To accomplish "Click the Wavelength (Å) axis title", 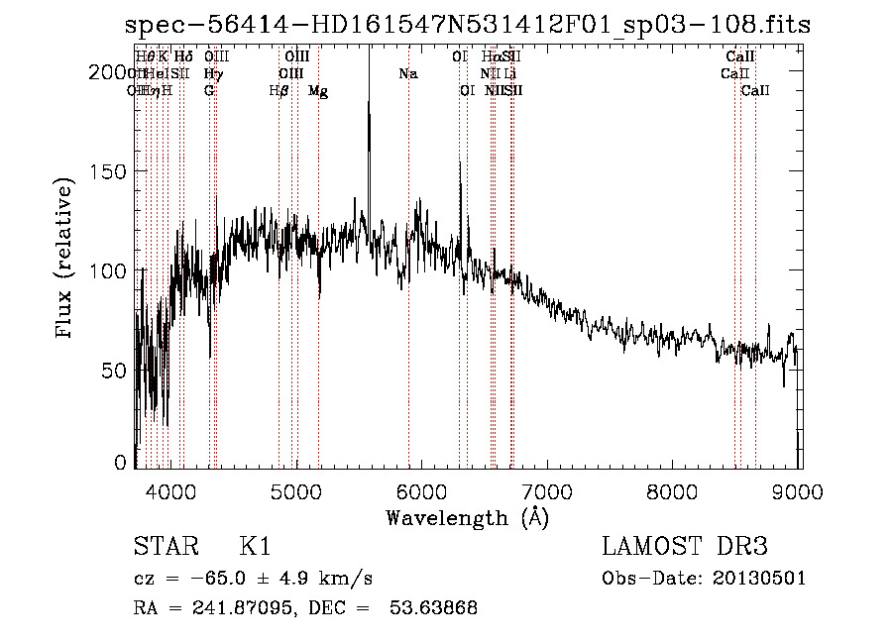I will tap(468, 517).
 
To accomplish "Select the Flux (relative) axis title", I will tap(66, 260).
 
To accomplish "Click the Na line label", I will tap(407, 73).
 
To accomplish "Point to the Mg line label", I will tap(318, 91).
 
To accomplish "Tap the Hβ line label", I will tap(279, 91).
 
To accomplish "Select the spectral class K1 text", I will tap(255, 547).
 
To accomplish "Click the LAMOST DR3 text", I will tap(684, 547).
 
